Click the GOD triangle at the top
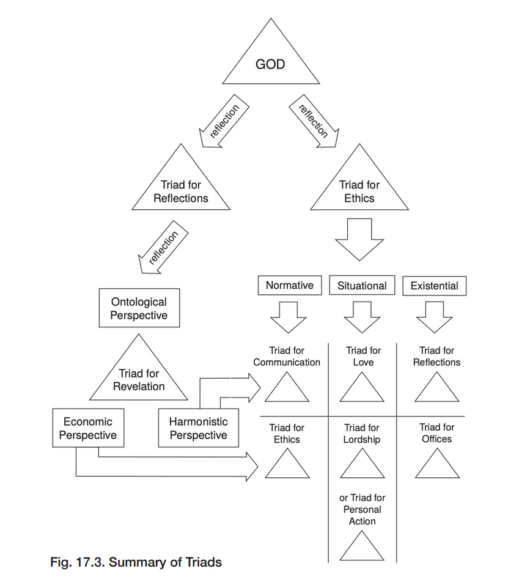[x=270, y=61]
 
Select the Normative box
[x=290, y=285]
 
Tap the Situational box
[x=362, y=285]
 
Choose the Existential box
[x=434, y=285]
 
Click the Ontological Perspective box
[x=139, y=308]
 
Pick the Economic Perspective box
[x=88, y=428]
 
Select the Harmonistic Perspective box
[x=199, y=428]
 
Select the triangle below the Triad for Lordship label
[x=362, y=465]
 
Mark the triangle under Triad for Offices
[x=437, y=465]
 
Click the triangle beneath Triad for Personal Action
[x=362, y=548]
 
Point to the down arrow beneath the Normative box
[x=289, y=316]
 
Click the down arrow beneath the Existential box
[x=434, y=316]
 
